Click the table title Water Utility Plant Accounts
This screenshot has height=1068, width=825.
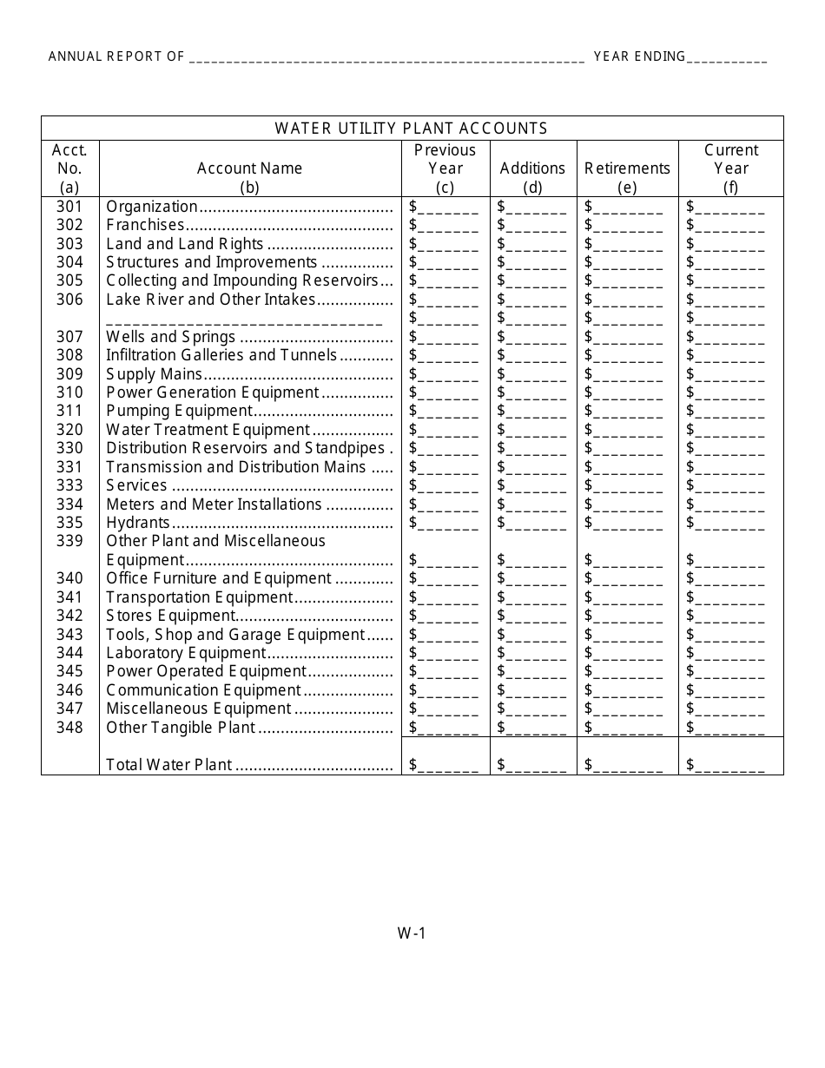coord(412,129)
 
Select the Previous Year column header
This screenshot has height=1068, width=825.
coord(445,168)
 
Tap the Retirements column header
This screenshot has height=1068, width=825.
coord(627,168)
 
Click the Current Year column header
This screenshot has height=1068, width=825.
coord(730,168)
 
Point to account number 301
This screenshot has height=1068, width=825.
coord(69,207)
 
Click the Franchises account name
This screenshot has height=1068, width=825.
coord(145,225)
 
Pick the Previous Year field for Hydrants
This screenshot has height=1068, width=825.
coord(444,523)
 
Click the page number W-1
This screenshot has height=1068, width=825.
coord(412,934)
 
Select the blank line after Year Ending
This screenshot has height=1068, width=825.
coord(727,59)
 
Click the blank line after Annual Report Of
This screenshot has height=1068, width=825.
coord(386,59)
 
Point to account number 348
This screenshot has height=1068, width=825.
coord(69,728)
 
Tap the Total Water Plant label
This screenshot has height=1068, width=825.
coord(169,765)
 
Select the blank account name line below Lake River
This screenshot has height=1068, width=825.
coord(244,319)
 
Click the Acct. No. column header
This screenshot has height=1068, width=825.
coord(69,168)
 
